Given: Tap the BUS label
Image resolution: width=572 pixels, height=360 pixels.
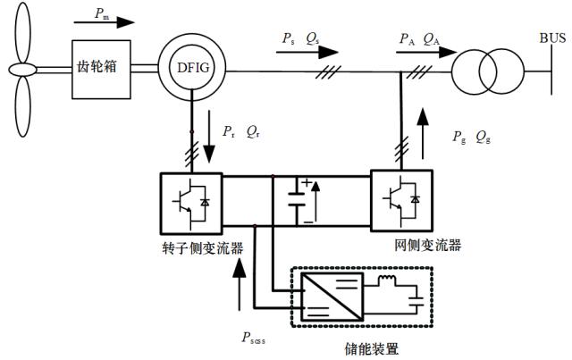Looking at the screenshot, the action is (552, 38).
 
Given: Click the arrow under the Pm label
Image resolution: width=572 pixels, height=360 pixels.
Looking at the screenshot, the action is (105, 22).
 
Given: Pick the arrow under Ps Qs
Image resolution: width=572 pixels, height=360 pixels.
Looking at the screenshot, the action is (307, 52).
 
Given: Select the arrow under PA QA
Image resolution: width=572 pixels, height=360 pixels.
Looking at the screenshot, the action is (426, 52).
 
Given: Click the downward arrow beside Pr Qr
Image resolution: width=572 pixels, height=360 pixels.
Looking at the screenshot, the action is (209, 136).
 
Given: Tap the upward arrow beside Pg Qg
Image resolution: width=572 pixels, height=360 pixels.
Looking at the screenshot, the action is (423, 133).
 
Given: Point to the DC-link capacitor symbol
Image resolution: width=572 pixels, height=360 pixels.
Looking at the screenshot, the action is (297, 199).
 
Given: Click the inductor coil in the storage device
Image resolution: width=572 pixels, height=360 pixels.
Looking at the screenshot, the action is (386, 280).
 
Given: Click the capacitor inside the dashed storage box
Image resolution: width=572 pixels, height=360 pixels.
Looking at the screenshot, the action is (416, 301).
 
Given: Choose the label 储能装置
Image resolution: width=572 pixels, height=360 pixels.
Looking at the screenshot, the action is (372, 349).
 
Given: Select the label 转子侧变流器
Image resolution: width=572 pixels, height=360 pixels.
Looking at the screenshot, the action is (203, 248).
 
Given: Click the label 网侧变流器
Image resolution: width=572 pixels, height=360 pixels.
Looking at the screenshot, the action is (428, 245).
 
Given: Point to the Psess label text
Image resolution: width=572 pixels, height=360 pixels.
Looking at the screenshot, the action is (253, 339).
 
